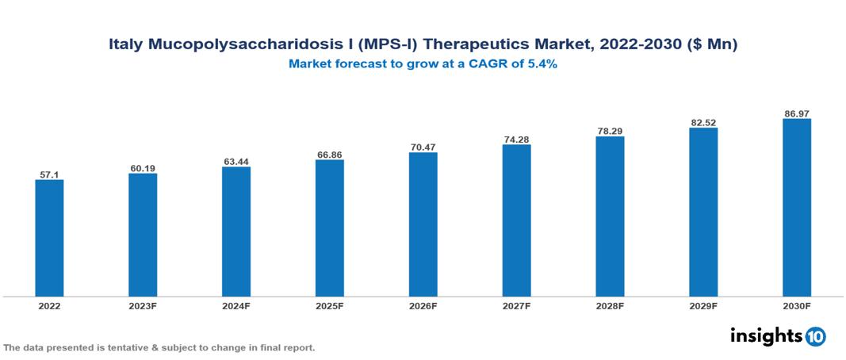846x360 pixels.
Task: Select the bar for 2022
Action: [x=49, y=238]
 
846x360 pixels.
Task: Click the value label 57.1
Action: [x=49, y=174]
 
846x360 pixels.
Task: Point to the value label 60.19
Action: [x=143, y=167]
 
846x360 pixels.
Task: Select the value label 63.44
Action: [x=236, y=161]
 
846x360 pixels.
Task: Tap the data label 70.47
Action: [x=423, y=147]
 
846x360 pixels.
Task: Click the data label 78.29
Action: [x=610, y=130]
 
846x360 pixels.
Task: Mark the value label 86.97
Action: [x=796, y=113]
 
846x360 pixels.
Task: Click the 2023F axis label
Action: [x=143, y=305]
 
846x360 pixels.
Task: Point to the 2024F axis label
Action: [x=236, y=305]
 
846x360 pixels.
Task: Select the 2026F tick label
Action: [x=423, y=305]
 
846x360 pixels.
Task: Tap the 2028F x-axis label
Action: [x=610, y=305]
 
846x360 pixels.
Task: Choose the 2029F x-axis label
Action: [x=703, y=305]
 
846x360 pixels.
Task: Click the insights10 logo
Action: [x=778, y=336]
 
